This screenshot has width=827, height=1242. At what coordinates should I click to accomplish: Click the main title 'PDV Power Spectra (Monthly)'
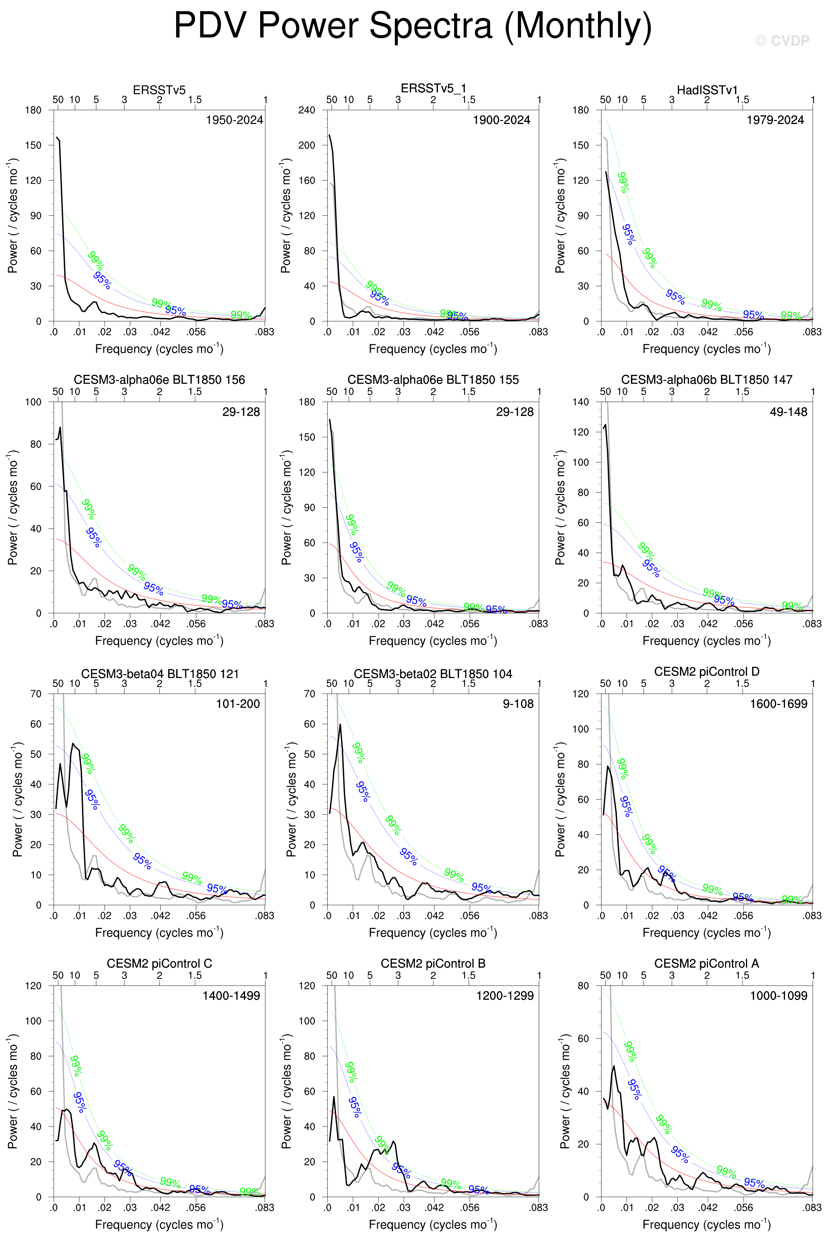(413, 25)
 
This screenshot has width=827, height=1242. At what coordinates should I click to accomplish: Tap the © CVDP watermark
(782, 41)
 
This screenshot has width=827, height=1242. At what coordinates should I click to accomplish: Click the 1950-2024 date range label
(234, 120)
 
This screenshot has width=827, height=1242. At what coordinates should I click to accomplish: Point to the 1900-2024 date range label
(501, 120)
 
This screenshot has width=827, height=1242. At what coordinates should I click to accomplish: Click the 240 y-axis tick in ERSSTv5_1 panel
(306, 110)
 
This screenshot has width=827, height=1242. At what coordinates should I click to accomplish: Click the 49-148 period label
(788, 412)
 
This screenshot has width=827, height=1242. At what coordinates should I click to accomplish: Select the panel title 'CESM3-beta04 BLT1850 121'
(160, 674)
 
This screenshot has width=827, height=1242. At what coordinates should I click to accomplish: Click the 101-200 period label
(238, 704)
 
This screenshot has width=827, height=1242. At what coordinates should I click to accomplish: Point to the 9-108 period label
(518, 704)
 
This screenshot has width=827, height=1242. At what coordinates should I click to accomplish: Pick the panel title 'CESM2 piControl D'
(707, 672)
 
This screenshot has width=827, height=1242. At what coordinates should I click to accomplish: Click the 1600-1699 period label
(778, 704)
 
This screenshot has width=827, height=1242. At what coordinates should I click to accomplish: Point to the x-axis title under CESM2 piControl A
(707, 1225)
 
